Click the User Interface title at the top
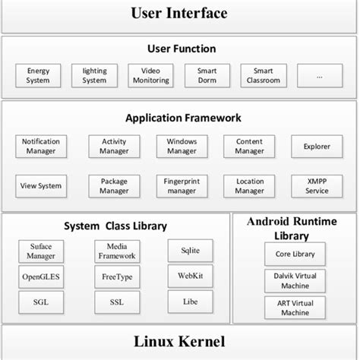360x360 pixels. point(179,13)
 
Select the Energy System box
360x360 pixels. point(38,76)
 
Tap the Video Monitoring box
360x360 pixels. point(150,76)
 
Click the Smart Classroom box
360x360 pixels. point(264,76)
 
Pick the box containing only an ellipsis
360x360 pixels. point(320,76)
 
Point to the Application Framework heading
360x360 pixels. point(183,118)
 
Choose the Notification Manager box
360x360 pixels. point(41,147)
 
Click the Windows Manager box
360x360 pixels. point(182,147)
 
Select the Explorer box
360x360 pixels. point(317,147)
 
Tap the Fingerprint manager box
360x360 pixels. point(182,186)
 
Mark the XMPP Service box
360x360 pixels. point(317,186)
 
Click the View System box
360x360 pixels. point(41,186)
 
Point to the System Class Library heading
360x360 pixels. point(115,226)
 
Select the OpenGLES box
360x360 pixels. point(40,277)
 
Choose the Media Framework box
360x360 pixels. point(116,251)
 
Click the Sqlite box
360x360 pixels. point(190,251)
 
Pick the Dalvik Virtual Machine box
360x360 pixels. point(295,281)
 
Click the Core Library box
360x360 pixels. point(295,254)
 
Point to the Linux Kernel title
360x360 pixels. point(180,342)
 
